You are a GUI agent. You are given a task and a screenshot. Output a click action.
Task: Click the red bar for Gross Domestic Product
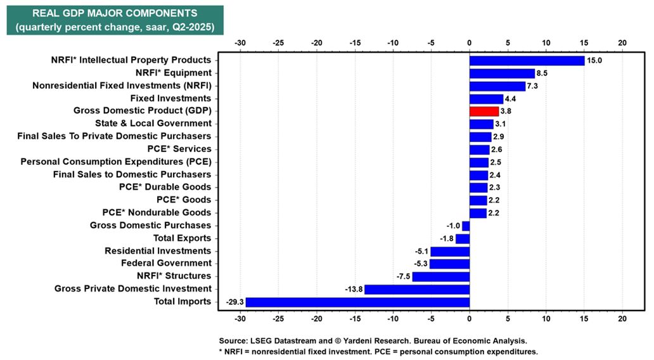pos(484,111)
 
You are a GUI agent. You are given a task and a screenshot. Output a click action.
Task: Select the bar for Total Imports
pos(357,302)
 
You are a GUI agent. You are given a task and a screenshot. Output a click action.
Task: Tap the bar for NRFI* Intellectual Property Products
pos(527,60)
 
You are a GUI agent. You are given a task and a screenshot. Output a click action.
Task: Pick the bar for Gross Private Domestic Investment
pos(416,289)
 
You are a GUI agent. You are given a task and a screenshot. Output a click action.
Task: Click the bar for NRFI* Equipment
pos(502,73)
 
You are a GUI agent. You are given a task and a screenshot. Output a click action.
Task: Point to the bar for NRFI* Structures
pos(440,276)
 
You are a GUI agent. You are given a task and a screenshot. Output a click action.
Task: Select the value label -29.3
pos(235,302)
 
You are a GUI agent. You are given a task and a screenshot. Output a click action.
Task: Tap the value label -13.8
pos(354,290)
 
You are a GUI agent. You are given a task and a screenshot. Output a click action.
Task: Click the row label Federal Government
pos(166,263)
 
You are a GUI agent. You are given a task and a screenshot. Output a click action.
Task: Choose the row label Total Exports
pos(182,238)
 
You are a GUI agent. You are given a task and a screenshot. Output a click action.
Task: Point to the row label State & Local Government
pos(153,124)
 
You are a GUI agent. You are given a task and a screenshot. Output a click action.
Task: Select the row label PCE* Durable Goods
pos(165,187)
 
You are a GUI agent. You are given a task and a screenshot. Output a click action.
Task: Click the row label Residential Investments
pos(158,250)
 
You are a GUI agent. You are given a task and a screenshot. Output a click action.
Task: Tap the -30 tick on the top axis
pos(240,42)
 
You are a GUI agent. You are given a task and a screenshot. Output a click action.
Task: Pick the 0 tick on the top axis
pos(470,42)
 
